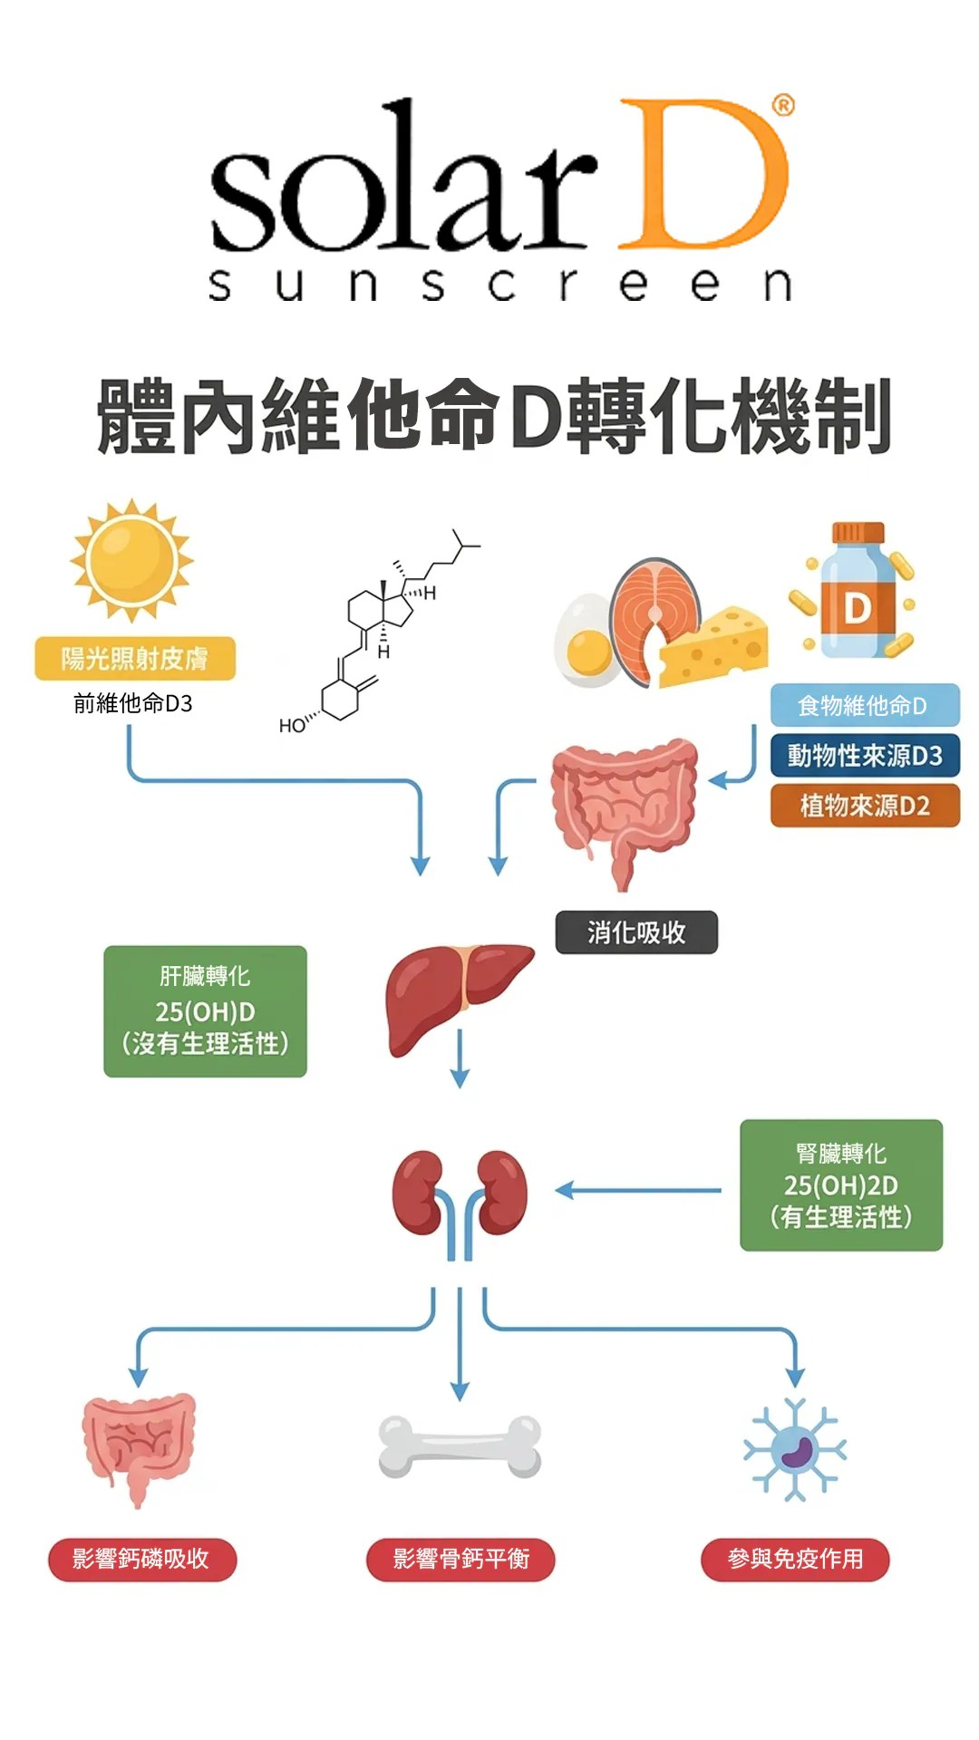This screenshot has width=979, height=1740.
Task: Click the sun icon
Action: [x=132, y=560]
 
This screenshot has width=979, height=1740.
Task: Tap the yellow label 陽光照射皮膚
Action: [x=135, y=659]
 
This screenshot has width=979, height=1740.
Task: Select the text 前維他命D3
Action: [x=133, y=703]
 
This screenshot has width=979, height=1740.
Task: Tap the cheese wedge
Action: [x=716, y=648]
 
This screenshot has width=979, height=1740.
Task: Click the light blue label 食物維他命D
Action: [x=864, y=705]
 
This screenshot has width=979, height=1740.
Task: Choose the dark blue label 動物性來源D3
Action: [x=864, y=756]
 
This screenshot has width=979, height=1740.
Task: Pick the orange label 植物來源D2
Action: [x=864, y=806]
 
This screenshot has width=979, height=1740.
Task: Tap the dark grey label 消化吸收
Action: [x=636, y=933]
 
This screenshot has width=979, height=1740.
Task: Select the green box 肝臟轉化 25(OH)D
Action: [x=205, y=1011]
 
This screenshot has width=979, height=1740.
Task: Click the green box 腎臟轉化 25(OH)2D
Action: [x=841, y=1185]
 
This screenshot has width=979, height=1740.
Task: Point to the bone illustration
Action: [x=460, y=1445]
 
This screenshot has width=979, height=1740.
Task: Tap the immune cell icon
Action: [x=795, y=1448]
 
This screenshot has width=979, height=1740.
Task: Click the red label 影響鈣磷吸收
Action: [x=142, y=1559]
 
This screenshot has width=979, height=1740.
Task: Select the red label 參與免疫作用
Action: [x=795, y=1559]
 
